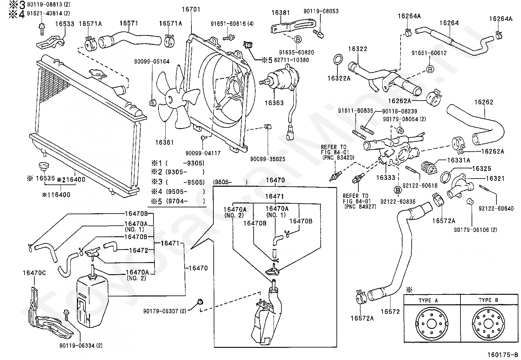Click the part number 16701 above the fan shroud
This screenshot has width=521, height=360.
191,9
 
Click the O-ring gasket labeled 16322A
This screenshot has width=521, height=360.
338,59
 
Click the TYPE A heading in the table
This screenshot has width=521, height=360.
428,300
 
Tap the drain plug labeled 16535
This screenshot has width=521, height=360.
44,167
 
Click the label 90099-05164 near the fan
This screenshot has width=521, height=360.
152,62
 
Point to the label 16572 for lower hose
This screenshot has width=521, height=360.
390,312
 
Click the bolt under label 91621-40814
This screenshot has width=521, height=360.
42,29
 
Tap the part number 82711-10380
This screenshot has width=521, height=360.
292,60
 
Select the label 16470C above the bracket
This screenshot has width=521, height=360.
34,273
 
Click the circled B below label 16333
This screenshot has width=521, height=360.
398,190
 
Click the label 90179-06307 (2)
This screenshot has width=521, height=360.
165,311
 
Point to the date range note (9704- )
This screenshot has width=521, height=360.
185,201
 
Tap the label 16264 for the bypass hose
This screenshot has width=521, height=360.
449,23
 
